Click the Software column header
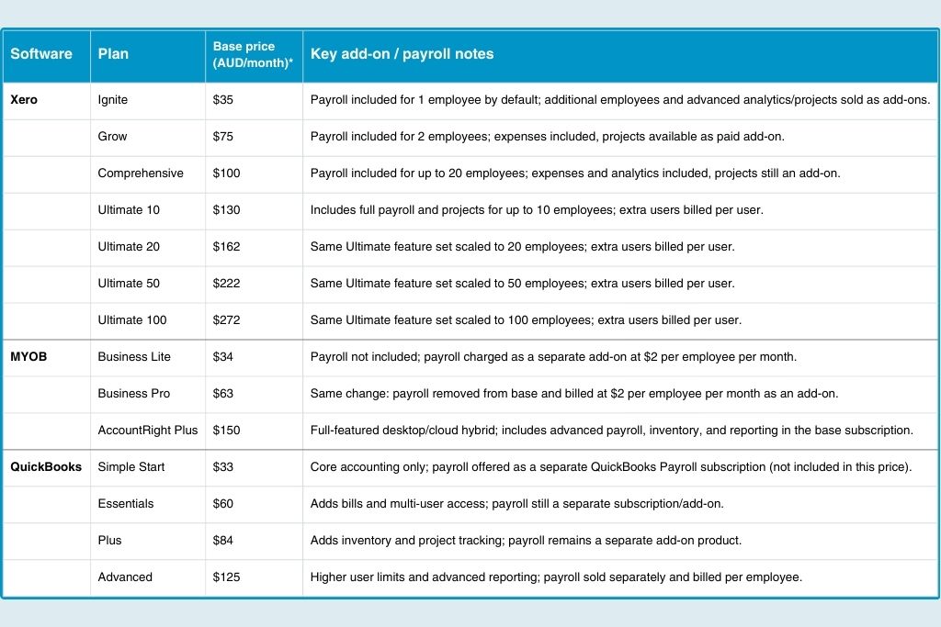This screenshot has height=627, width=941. coord(41,54)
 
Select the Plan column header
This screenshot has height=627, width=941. coord(113,54)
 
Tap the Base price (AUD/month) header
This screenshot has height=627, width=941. coord(244,54)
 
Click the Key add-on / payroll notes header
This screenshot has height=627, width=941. coord(402,54)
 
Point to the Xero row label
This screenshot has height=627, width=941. coord(24,99)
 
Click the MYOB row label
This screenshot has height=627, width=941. coord(28,356)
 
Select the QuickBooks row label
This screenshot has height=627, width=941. coord(46,466)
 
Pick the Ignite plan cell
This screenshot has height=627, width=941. coord(113,99)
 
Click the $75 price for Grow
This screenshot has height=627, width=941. coord(223,136)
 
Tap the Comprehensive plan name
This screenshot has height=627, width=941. coord(141,173)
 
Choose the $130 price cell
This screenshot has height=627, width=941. coord(226,209)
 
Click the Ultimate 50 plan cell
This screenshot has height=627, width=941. coord(129,283)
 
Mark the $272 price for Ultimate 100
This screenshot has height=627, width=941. coord(226,319)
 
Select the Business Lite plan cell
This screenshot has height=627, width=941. coord(134,356)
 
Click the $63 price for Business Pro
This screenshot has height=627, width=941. coord(223,393)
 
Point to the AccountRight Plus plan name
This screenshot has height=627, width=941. coord(148,430)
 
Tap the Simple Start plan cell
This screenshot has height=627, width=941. coord(131,466)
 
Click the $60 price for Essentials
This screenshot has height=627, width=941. coord(223,503)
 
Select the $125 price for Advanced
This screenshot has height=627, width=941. coord(226,577)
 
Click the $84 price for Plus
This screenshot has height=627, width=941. coord(223,540)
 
